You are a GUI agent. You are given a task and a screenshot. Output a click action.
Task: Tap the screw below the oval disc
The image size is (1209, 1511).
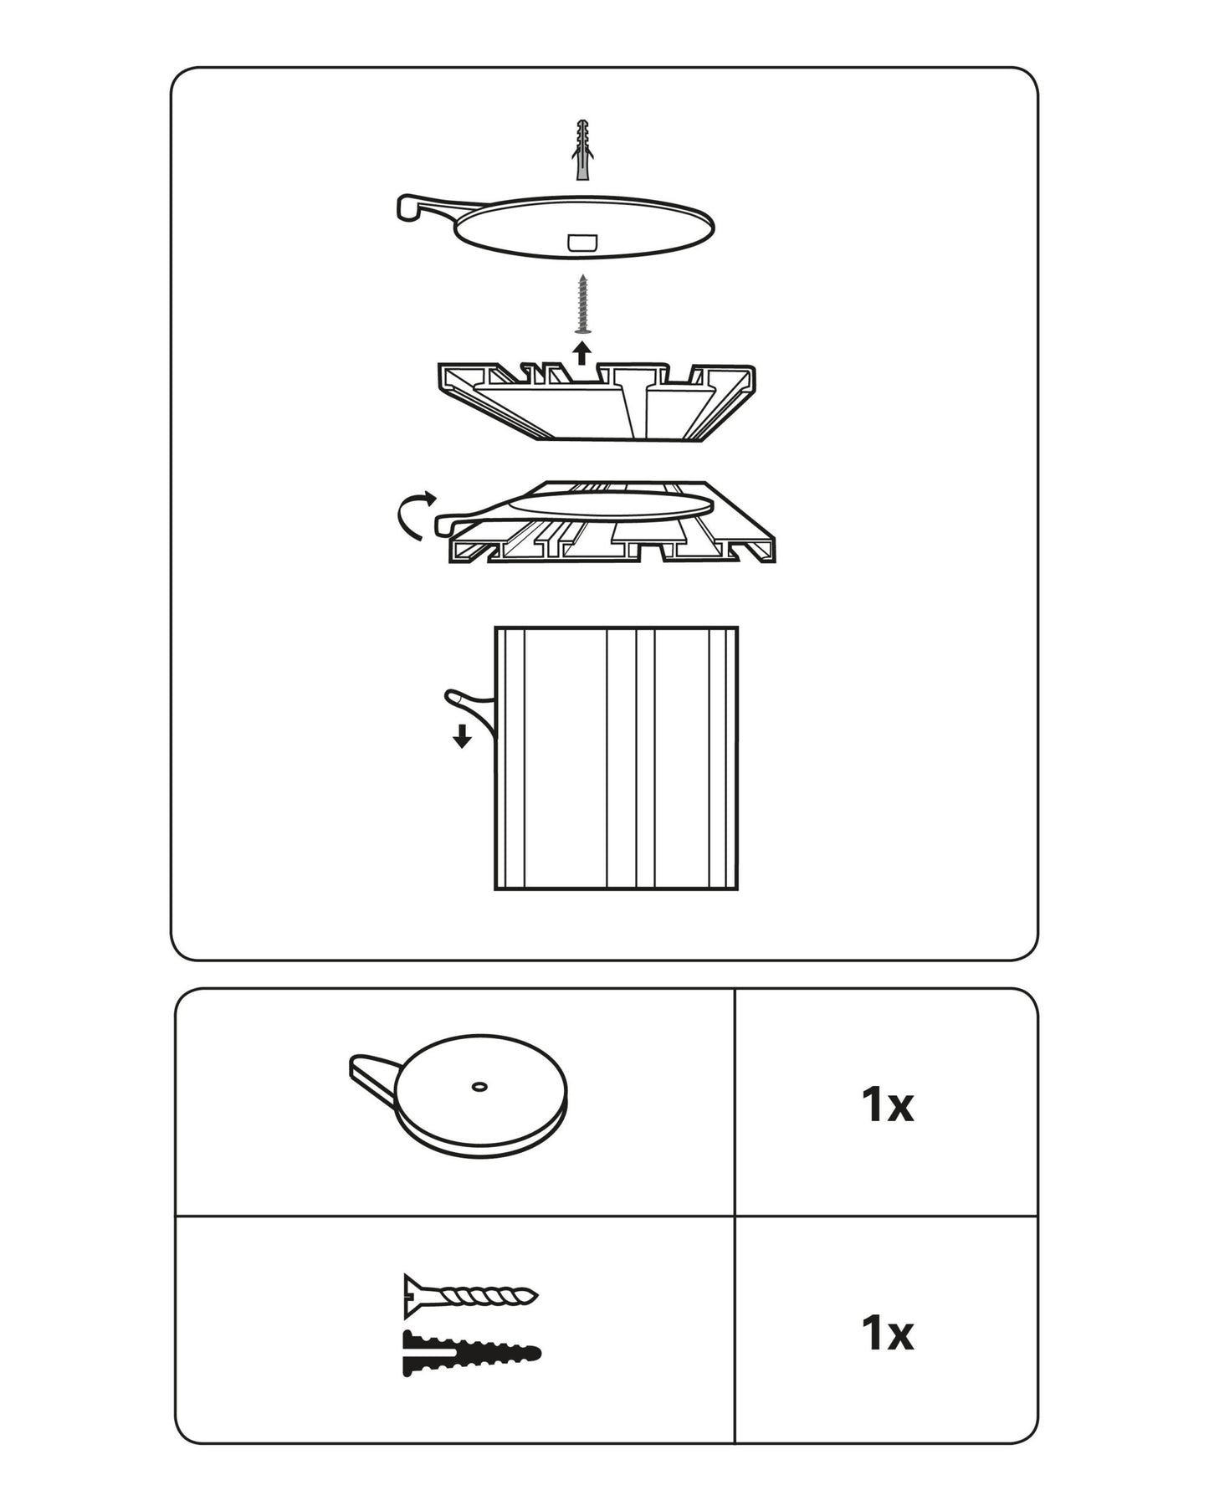[583, 303]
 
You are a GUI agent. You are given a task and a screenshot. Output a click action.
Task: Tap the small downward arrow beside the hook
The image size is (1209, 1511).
[461, 736]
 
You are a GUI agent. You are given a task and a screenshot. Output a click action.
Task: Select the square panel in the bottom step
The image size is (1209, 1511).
[617, 758]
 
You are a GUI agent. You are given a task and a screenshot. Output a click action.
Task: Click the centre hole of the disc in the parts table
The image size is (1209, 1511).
[479, 1086]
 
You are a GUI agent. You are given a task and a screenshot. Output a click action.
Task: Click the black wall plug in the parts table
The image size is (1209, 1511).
[471, 1353]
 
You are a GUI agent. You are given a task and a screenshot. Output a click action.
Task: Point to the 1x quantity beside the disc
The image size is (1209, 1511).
[887, 1105]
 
